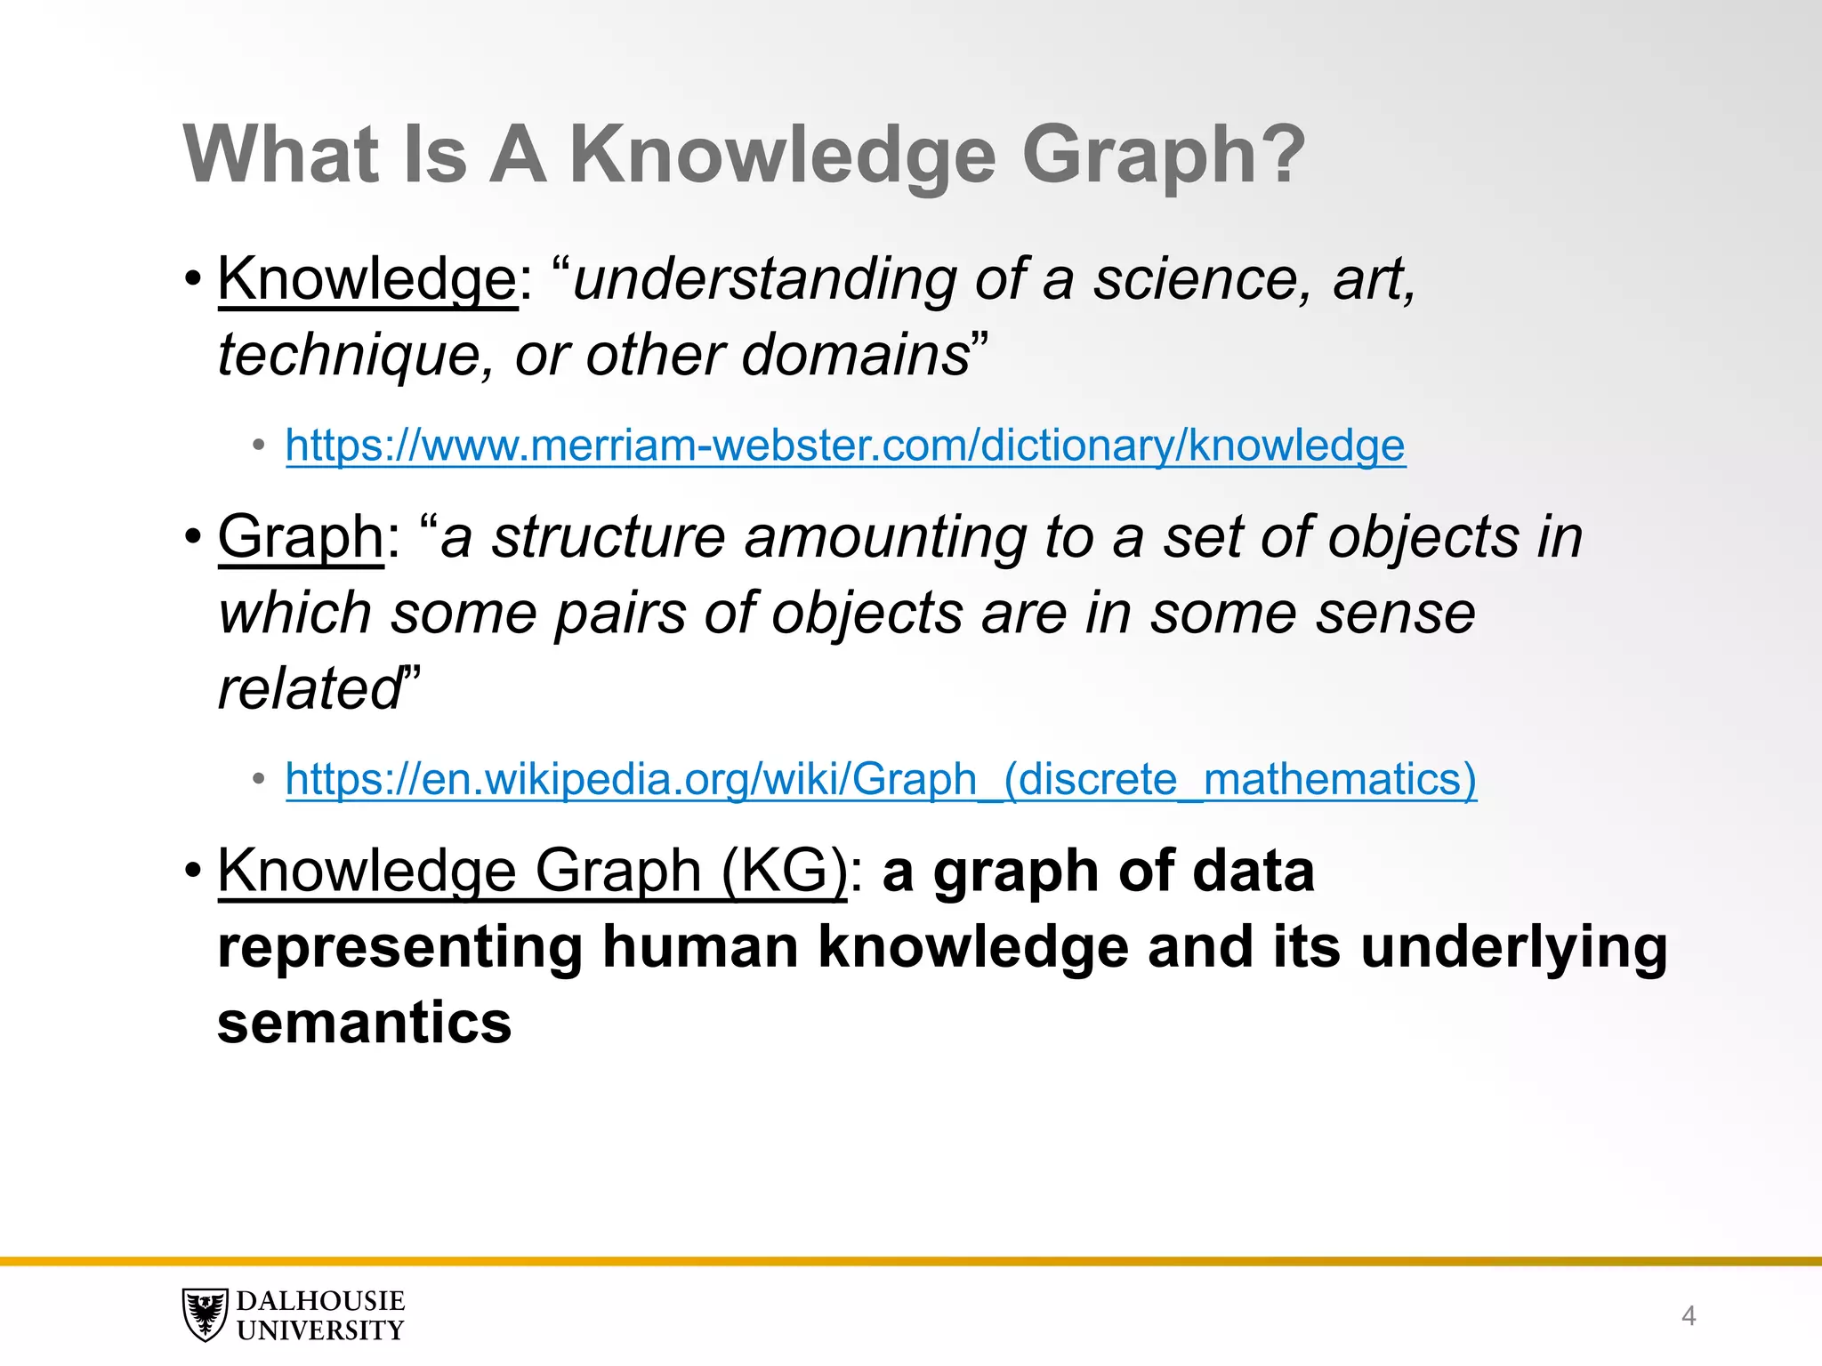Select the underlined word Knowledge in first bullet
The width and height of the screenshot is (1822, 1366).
click(367, 279)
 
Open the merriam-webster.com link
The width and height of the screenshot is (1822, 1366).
click(844, 445)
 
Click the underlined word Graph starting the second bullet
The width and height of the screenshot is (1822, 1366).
click(301, 537)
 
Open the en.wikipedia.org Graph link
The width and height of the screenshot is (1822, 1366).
click(880, 779)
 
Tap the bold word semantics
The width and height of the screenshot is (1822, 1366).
click(364, 1022)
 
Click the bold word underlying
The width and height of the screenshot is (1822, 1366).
click(1513, 946)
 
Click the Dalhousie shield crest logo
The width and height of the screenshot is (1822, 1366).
click(206, 1314)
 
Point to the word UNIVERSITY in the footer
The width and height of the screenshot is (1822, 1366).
click(320, 1330)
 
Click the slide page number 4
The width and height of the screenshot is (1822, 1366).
click(1688, 1315)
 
